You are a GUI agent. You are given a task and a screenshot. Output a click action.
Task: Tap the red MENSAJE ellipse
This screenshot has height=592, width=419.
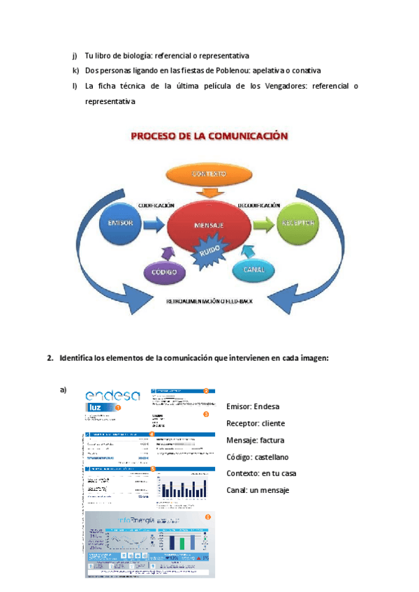click(208, 226)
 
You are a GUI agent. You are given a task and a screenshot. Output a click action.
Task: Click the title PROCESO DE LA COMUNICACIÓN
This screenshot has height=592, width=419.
click(209, 137)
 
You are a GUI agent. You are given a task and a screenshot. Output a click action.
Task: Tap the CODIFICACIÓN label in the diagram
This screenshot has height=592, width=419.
click(156, 205)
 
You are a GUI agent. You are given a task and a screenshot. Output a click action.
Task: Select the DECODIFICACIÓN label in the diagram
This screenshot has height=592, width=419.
click(259, 205)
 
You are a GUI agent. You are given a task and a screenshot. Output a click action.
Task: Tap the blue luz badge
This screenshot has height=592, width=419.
click(98, 408)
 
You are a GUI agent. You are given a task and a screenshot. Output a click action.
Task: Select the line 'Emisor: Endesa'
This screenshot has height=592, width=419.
click(253, 406)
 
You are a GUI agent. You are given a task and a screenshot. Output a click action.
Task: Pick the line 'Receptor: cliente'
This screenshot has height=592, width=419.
click(256, 423)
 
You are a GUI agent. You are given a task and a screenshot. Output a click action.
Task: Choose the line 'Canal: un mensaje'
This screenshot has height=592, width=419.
click(258, 490)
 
